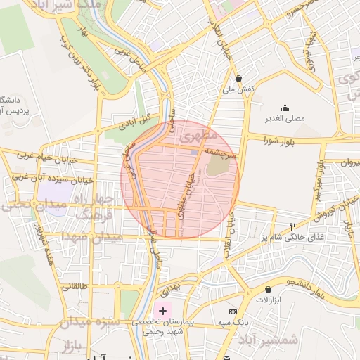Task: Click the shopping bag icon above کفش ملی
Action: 239,78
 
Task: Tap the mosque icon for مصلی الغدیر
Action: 285,108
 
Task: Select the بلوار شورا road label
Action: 277,141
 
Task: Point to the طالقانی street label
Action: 75,286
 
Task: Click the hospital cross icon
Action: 163,310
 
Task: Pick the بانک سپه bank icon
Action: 233,311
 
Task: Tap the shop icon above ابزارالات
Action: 268,289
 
